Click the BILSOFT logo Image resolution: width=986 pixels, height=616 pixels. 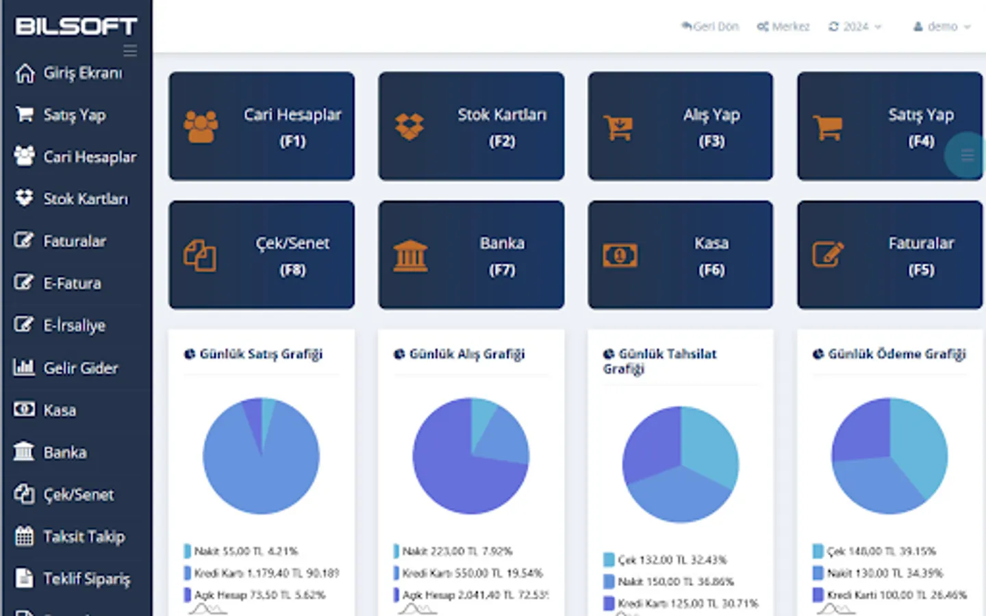(x=76, y=27)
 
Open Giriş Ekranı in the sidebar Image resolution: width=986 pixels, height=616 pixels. (x=82, y=73)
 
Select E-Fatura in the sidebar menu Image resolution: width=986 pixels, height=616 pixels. (x=72, y=283)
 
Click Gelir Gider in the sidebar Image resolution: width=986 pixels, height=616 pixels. (x=80, y=368)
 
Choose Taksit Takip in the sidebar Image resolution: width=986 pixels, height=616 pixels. (x=84, y=536)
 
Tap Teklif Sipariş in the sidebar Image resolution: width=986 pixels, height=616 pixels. (x=86, y=578)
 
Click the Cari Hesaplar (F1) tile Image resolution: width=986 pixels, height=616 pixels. (x=262, y=127)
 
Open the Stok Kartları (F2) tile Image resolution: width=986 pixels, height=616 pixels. (x=471, y=127)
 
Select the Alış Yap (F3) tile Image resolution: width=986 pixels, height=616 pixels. (x=680, y=127)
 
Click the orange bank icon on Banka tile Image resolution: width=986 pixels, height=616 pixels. (x=410, y=256)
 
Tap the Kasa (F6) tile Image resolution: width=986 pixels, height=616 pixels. (x=680, y=255)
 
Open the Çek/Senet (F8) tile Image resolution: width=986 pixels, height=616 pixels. (x=262, y=255)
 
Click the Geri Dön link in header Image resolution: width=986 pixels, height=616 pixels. (x=710, y=27)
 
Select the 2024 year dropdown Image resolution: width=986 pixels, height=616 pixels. (x=855, y=27)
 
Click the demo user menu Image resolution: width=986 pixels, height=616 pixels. (x=942, y=27)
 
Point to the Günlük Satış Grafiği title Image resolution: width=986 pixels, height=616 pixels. (x=260, y=354)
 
